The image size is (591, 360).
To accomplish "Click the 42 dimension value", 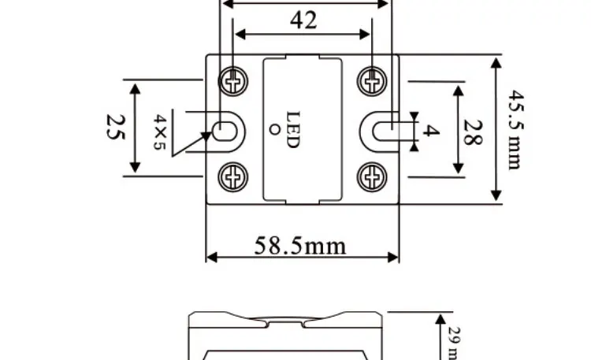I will tap(303, 20).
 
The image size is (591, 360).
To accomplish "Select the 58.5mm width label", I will tap(299, 245).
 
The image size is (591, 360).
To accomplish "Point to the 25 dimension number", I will tap(115, 127).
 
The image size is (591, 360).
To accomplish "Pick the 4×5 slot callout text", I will tap(161, 132).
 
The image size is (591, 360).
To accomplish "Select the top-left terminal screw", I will tap(232, 80).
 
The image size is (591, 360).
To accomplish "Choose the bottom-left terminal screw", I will tap(232, 177).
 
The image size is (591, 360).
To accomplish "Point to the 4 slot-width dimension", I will tap(428, 131).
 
